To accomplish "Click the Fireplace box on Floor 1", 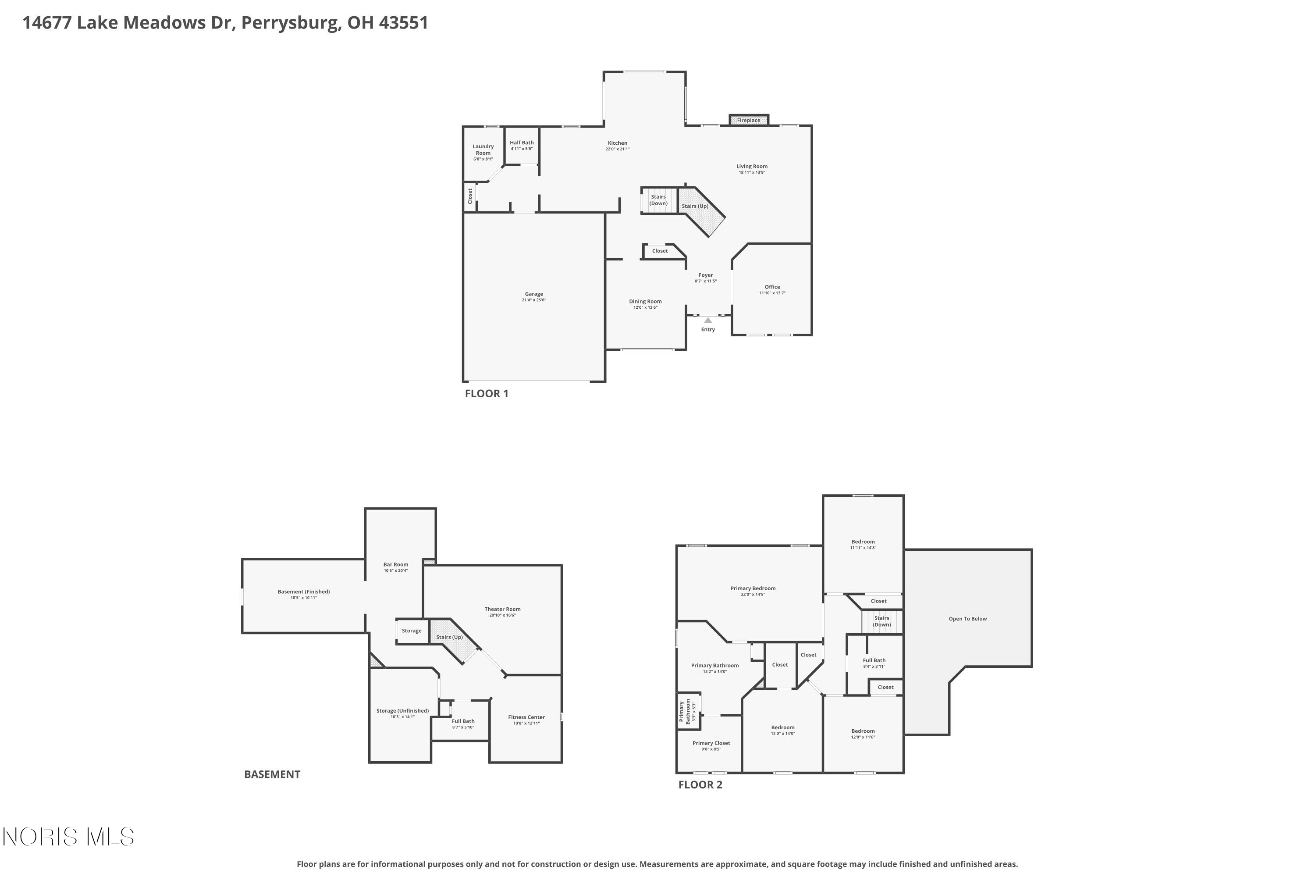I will [x=748, y=120].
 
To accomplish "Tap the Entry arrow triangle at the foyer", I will [x=708, y=321].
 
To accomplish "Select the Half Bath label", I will [x=521, y=143].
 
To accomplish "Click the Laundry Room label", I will [x=483, y=150].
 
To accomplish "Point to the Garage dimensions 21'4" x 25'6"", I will [x=533, y=300].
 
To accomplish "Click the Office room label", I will [x=772, y=287].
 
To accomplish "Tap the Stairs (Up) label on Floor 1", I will [x=694, y=207].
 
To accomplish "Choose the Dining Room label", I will [x=645, y=302].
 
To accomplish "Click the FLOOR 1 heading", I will [x=487, y=394].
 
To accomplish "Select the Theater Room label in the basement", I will [x=502, y=609].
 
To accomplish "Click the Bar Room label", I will [x=395, y=564].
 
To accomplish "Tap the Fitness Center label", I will [x=526, y=717].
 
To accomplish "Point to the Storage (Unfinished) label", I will [x=402, y=711].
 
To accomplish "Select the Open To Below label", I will [x=967, y=619].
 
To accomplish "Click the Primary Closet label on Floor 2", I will [x=711, y=743].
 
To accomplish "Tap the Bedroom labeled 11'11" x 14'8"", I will [x=863, y=542].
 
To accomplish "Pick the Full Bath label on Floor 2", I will [x=874, y=660].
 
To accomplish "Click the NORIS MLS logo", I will [x=68, y=837].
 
